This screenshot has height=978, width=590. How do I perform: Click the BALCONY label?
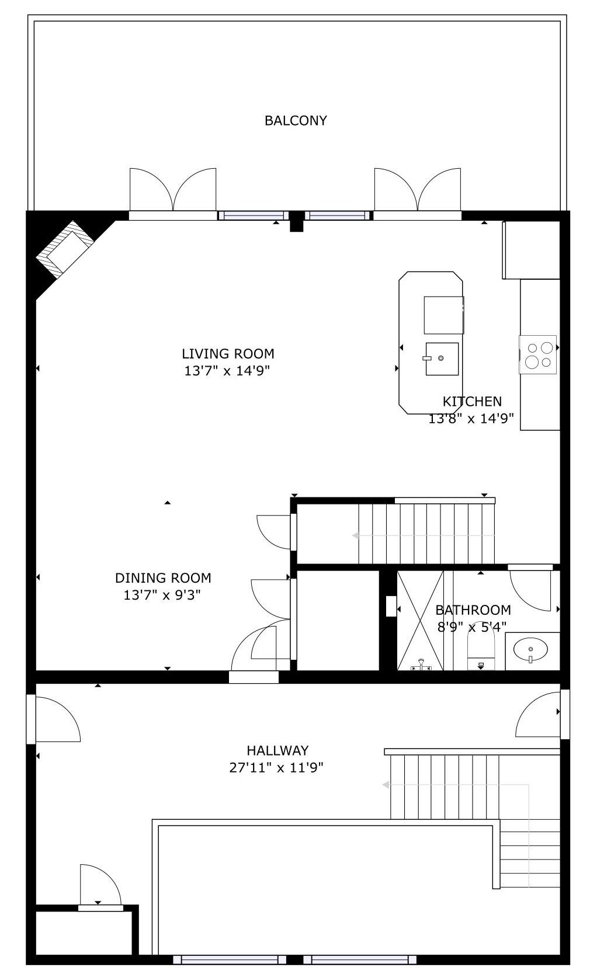[296, 120]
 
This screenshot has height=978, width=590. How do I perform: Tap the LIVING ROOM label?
[228, 354]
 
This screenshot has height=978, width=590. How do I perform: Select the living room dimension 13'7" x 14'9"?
[227, 371]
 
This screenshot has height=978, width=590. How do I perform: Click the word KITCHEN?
[472, 401]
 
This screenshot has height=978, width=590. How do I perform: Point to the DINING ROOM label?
[163, 578]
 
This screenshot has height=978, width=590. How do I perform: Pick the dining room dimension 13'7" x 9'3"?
[162, 594]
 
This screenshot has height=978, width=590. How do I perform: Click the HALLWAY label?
[277, 750]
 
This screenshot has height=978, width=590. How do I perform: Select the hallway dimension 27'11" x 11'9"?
[276, 767]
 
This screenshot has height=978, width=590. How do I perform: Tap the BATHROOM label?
[473, 610]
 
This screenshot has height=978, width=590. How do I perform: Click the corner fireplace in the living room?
[65, 249]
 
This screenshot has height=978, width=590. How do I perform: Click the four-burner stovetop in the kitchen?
[538, 354]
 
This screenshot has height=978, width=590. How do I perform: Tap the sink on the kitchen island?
[442, 359]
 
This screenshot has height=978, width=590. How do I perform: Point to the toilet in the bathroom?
[481, 650]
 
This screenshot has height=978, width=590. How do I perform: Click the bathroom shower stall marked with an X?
[420, 620]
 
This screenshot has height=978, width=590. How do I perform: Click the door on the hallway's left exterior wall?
[31, 719]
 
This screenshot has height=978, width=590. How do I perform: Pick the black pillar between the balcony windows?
[297, 221]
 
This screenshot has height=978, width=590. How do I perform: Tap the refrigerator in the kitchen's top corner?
[531, 250]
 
